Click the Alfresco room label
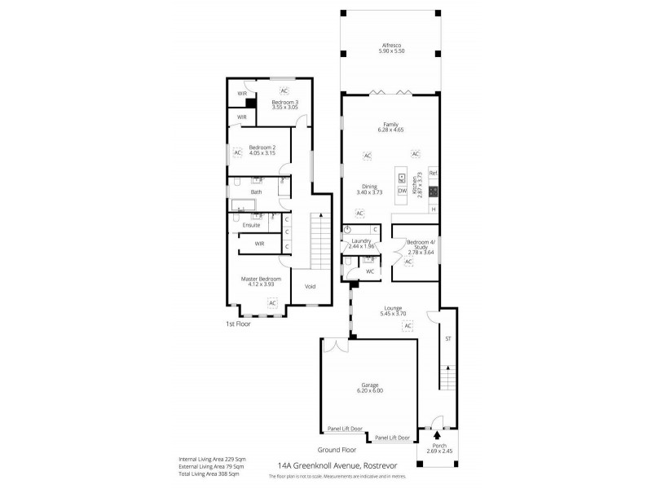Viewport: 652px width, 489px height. pyautogui.click(x=391, y=46)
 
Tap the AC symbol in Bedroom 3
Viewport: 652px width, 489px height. pyautogui.click(x=284, y=90)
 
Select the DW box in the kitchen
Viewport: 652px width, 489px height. pyautogui.click(x=402, y=191)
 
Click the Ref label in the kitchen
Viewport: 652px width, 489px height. pyautogui.click(x=433, y=173)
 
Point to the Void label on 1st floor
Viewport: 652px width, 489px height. pyautogui.click(x=310, y=286)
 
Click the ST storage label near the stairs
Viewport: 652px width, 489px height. pyautogui.click(x=447, y=337)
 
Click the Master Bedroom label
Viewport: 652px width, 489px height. pyautogui.click(x=261, y=278)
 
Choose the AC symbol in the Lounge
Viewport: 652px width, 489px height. pyautogui.click(x=407, y=326)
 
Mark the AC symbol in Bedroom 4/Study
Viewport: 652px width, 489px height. pyautogui.click(x=407, y=262)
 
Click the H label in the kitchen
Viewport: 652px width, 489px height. pyautogui.click(x=433, y=209)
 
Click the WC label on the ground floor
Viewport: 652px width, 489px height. pyautogui.click(x=369, y=271)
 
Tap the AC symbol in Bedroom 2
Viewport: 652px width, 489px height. pyautogui.click(x=238, y=152)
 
